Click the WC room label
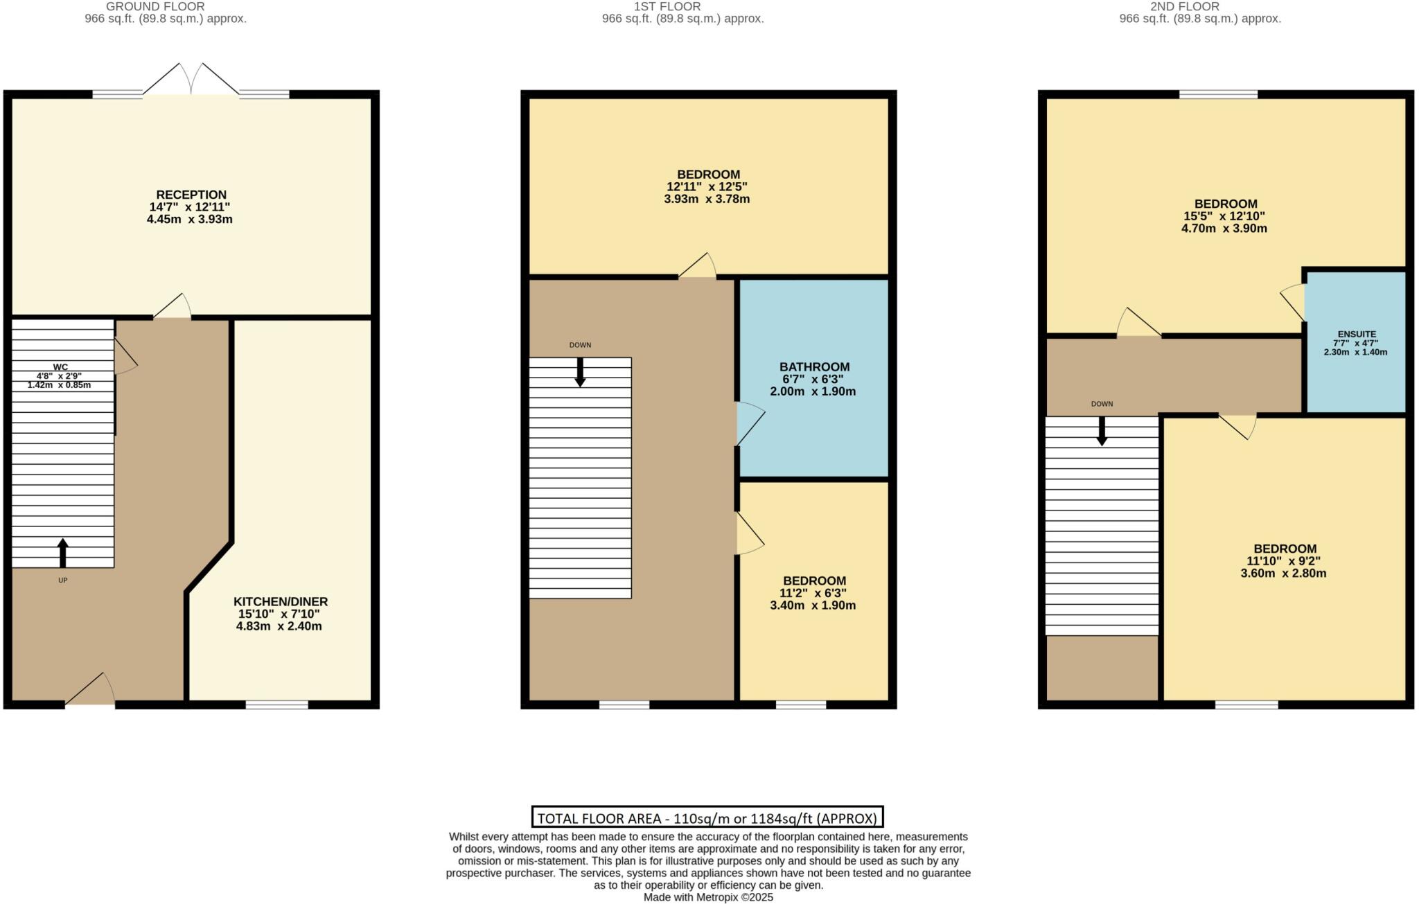pos(60,367)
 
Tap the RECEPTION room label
pos(191,195)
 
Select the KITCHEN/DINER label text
pos(280,602)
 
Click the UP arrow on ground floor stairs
pos(63,553)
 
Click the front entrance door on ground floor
pos(91,690)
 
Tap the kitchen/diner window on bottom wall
pos(276,704)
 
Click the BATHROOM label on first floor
pos(814,367)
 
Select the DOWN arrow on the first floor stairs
pos(581,372)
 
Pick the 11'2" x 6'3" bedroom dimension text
pos(814,593)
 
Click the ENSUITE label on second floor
pos(1357,334)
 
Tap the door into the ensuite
pos(1294,303)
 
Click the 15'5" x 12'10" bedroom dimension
pos(1224,216)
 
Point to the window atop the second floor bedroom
pos(1218,94)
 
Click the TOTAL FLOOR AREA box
pos(707,817)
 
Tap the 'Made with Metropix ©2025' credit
pos(708,897)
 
